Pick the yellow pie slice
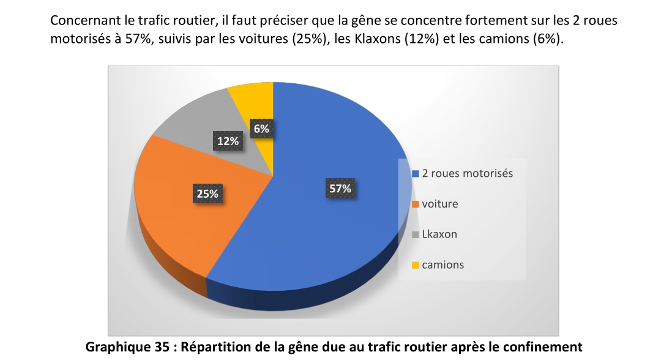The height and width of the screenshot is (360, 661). click(x=252, y=101)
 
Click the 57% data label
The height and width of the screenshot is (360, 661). click(x=340, y=189)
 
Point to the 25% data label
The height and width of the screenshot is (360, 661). click(x=207, y=194)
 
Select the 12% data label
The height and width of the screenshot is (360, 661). click(x=228, y=141)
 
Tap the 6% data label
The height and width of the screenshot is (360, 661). click(x=261, y=129)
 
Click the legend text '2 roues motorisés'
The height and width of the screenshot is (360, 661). click(x=468, y=173)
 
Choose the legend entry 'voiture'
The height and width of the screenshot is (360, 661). click(x=439, y=204)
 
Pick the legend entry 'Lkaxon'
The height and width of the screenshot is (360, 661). click(x=439, y=234)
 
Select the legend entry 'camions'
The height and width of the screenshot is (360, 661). click(x=443, y=265)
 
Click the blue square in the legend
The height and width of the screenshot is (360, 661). click(x=416, y=174)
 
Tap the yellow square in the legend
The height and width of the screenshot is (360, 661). click(x=416, y=266)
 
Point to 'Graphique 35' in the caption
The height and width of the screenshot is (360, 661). click(x=122, y=347)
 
